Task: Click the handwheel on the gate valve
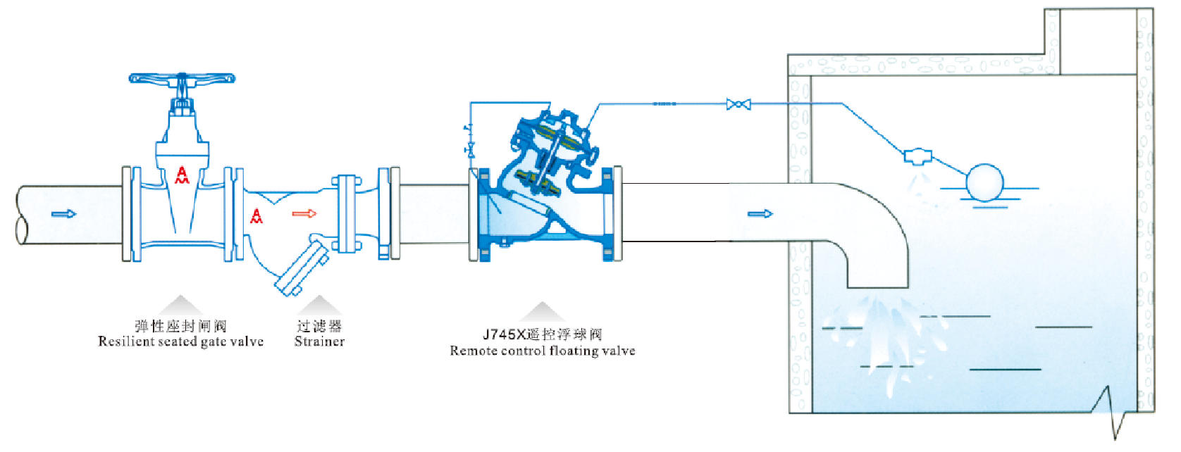pos(182,78)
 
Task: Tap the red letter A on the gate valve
pos(182,175)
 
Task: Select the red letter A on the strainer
pos(256,216)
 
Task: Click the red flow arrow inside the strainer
pos(304,213)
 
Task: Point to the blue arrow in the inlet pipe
pos(64,213)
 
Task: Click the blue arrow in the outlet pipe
pos(760,213)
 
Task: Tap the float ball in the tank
pos(984,182)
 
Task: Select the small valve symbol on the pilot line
pos(738,104)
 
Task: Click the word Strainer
pos(319,341)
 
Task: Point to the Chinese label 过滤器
pos(319,326)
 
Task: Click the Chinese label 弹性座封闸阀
pos(181,326)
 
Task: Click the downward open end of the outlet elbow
pos(877,288)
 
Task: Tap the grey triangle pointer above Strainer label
pos(319,305)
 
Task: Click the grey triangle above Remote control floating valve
pos(542,312)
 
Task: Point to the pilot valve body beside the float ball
pos(918,156)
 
